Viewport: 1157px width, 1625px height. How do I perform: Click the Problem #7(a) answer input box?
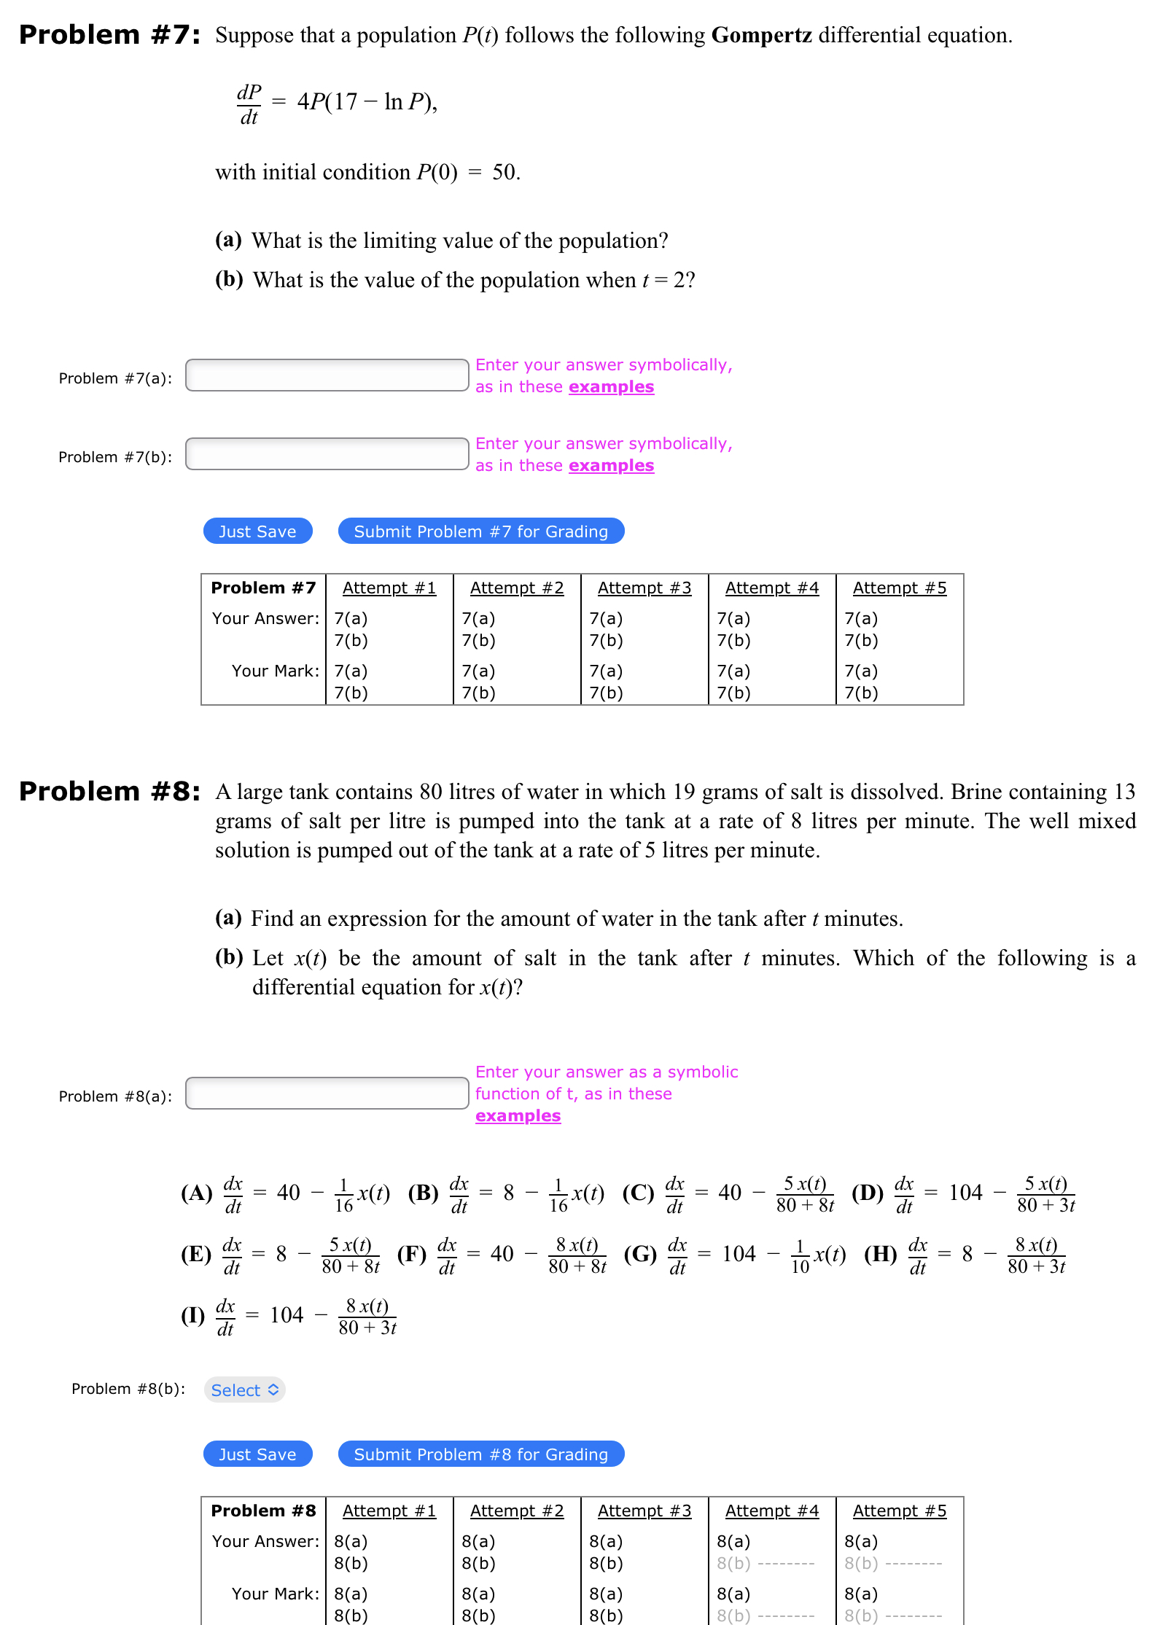pyautogui.click(x=327, y=375)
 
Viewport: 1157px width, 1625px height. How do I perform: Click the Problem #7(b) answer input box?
pyautogui.click(x=327, y=454)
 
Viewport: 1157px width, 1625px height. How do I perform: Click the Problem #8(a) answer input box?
pyautogui.click(x=327, y=1094)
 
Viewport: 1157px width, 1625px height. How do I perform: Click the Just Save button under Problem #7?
pyautogui.click(x=257, y=531)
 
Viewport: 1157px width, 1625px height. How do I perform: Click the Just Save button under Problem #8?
pyautogui.click(x=257, y=1454)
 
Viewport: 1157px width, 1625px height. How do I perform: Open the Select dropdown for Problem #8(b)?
pyautogui.click(x=244, y=1390)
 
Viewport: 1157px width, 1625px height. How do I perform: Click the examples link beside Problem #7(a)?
pyautogui.click(x=611, y=387)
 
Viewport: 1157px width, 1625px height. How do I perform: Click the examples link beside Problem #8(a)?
pyautogui.click(x=518, y=1116)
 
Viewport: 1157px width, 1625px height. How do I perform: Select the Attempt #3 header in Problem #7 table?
pyautogui.click(x=644, y=588)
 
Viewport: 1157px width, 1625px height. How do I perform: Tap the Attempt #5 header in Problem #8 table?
pyautogui.click(x=900, y=1511)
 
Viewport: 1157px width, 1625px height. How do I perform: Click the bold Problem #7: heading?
pyautogui.click(x=109, y=35)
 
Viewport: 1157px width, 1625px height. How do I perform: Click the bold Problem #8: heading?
pyautogui.click(x=109, y=792)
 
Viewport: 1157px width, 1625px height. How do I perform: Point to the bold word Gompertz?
pyautogui.click(x=761, y=35)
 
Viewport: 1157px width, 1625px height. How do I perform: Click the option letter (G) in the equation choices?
pyautogui.click(x=640, y=1254)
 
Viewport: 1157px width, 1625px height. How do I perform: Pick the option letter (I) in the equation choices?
pyautogui.click(x=193, y=1315)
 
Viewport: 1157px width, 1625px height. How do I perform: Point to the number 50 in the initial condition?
pyautogui.click(x=505, y=172)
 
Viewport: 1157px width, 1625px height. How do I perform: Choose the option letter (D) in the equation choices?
pyautogui.click(x=867, y=1193)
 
